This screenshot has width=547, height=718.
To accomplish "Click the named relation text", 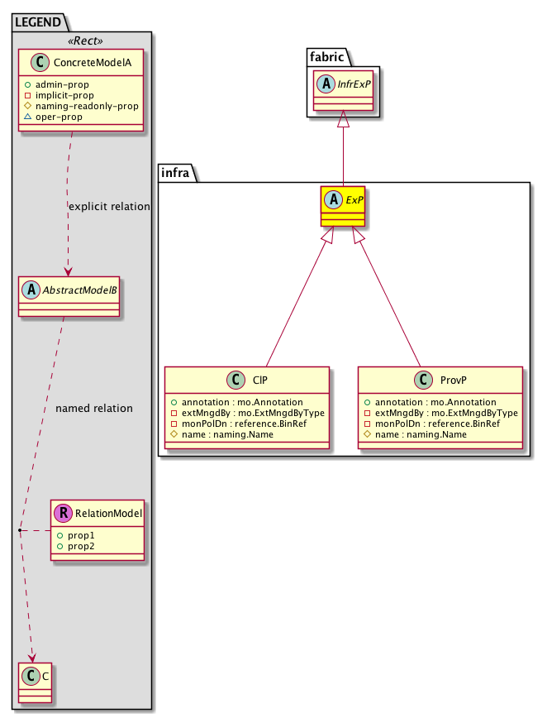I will coord(93,409).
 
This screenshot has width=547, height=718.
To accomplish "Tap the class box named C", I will coord(36,682).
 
